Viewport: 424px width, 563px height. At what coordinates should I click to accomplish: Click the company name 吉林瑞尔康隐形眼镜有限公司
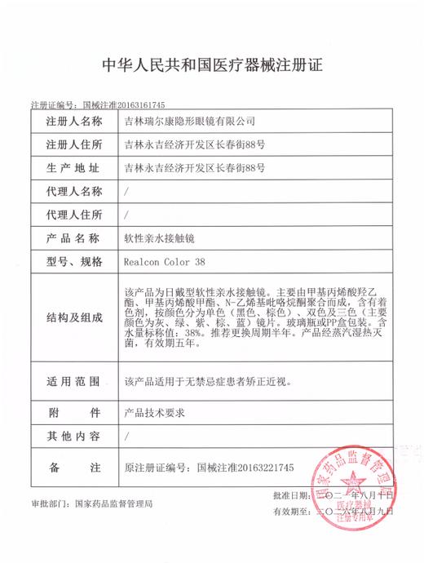point(189,122)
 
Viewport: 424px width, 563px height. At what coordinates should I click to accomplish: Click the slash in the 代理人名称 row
point(125,192)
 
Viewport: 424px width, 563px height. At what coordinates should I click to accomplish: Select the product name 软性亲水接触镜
point(158,239)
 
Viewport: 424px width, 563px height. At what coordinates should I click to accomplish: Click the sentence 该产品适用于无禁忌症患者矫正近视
point(207,382)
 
